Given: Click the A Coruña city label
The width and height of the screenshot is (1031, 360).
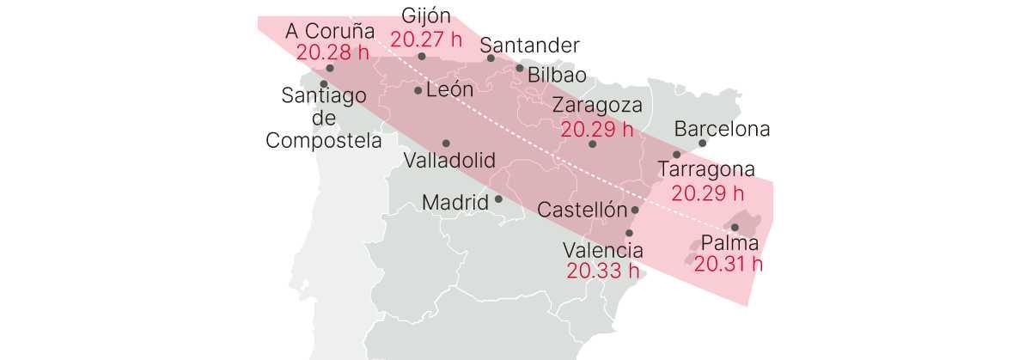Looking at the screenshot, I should coord(330,31).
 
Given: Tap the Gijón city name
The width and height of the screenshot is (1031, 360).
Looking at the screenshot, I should coord(426,15).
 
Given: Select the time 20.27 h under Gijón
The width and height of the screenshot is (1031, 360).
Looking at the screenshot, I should coord(426,39).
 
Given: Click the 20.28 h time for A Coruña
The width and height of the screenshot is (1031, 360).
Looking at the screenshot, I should coord(333,52).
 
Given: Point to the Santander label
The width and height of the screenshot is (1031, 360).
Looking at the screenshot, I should coord(529,46).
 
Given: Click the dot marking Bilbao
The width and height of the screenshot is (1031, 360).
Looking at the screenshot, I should coord(520,68).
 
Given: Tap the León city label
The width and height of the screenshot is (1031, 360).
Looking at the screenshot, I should coord(449,89).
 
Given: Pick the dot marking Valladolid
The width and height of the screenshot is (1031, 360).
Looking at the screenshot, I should coord(446,143).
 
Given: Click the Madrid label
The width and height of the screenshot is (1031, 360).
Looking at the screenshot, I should coord(454,203).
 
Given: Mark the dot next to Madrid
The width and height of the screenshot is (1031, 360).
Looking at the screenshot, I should coord(498,199).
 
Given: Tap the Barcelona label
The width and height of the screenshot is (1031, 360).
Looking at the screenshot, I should coord(722,130).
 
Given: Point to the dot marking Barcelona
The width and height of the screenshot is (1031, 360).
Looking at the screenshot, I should coord(702,143).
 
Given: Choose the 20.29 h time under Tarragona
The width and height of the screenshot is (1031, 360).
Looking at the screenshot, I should coord(708,192).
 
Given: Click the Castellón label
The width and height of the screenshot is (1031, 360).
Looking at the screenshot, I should coord(580,210).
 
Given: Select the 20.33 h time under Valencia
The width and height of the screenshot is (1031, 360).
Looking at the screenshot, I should coord(602,272).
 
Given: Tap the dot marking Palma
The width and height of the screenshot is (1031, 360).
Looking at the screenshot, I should coord(735,227).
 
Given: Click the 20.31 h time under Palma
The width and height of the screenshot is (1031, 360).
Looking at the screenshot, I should coord(729,264).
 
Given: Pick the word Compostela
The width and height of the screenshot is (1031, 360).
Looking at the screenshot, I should coord(324,140).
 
